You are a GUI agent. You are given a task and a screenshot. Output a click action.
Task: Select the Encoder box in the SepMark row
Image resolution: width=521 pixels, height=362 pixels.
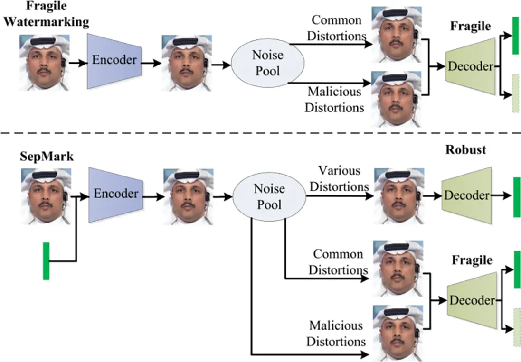[x=116, y=193]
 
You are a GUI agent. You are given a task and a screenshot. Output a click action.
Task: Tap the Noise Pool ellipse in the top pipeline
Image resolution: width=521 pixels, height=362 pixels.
[x=260, y=62]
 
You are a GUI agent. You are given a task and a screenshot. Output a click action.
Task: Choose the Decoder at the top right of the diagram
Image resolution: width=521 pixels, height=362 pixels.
[x=470, y=66]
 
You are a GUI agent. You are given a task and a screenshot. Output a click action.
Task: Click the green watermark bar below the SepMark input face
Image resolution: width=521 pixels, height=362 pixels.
[x=46, y=260]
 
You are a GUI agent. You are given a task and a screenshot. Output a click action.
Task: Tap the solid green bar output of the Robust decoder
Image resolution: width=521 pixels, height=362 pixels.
[x=516, y=195]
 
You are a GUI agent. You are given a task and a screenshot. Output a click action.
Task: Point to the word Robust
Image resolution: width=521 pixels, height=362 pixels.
[x=465, y=149]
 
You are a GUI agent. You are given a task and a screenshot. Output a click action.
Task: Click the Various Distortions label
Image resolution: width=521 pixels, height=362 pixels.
[x=339, y=178]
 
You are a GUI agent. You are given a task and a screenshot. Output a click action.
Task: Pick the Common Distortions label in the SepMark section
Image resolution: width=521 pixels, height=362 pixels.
[x=339, y=261]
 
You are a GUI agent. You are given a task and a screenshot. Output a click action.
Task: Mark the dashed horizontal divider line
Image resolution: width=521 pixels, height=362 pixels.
[x=260, y=133]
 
